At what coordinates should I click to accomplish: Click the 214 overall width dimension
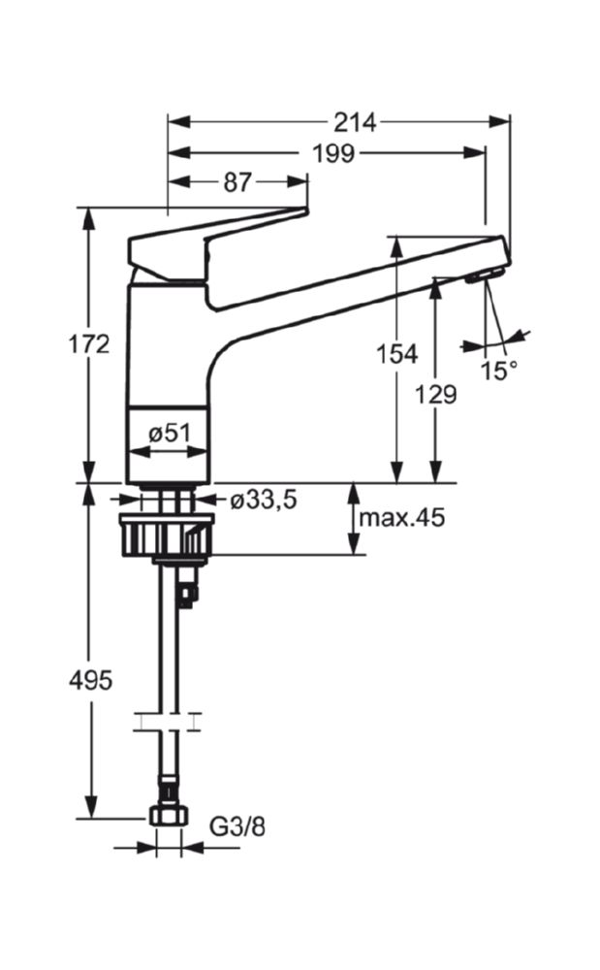356,122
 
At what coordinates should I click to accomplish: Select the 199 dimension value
333,153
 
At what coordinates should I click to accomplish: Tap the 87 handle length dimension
237,182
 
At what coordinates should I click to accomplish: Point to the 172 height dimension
89,344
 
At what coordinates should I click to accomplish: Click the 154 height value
397,354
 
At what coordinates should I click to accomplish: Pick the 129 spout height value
435,394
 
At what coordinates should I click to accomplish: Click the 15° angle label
499,371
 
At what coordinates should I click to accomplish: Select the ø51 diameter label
170,434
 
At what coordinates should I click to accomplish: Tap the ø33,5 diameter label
264,500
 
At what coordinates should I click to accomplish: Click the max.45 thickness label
401,517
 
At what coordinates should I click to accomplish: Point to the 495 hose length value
90,681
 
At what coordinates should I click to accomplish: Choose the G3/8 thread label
237,826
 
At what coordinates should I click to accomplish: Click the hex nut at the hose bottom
168,816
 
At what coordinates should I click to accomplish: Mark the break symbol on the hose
168,721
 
